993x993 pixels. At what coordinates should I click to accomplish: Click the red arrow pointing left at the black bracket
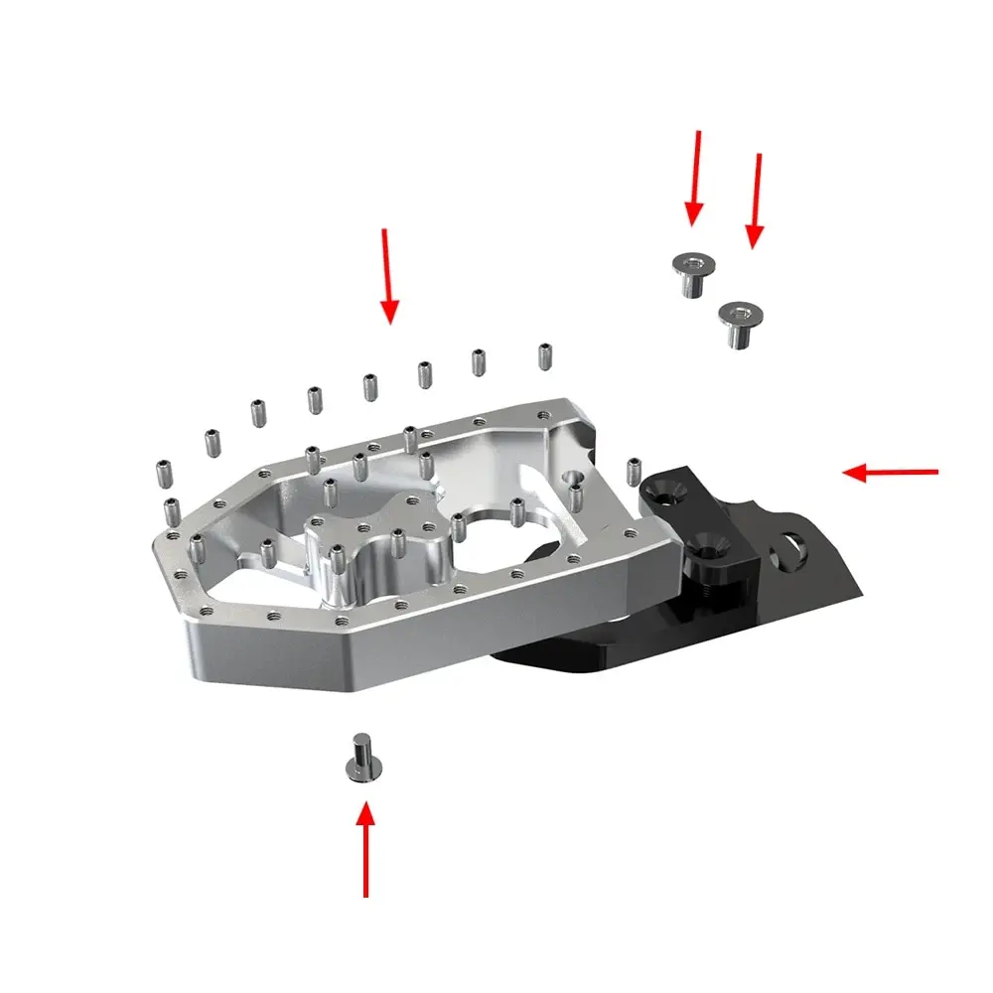(x=890, y=473)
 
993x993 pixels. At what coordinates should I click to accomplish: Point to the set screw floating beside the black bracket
(x=634, y=471)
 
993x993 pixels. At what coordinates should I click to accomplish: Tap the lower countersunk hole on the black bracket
(x=707, y=545)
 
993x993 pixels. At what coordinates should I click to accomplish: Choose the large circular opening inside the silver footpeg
(x=506, y=546)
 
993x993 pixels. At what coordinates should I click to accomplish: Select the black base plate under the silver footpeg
(x=586, y=645)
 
